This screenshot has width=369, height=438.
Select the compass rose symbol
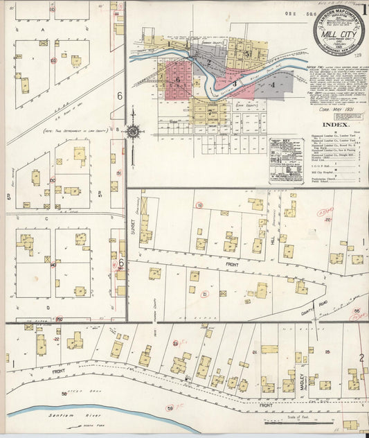click(134, 130)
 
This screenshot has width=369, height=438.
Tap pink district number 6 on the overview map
click(178, 80)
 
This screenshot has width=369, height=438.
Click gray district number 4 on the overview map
click(273, 85)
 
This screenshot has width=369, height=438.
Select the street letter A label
click(43, 31)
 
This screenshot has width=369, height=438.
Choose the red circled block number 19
click(199, 205)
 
